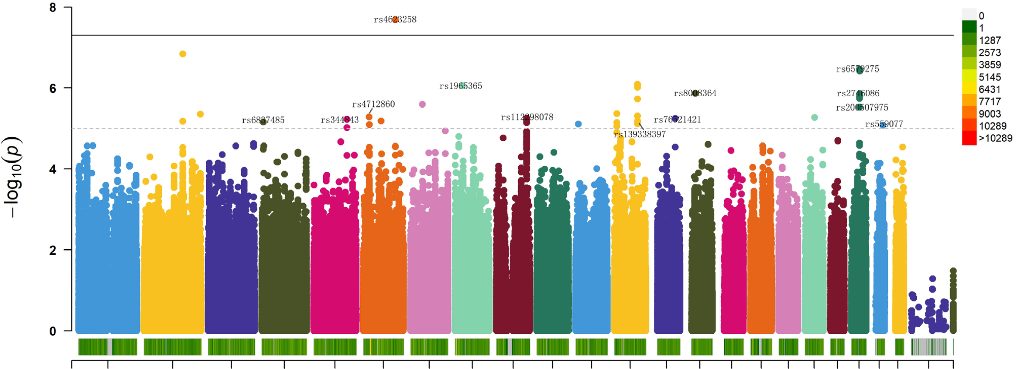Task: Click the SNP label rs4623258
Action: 395,19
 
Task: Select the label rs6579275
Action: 857,69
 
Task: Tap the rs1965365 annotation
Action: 460,86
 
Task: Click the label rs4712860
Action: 373,104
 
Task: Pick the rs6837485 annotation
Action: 263,120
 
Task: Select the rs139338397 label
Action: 639,134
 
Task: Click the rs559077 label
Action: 884,124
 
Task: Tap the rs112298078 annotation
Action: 527,117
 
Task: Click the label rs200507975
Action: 862,107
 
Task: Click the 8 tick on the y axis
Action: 53,8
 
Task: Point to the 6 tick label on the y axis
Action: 53,88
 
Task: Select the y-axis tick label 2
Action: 53,250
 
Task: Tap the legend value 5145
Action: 990,77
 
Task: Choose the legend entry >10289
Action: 995,138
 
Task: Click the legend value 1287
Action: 990,40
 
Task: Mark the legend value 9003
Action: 990,114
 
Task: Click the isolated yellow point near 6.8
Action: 183,54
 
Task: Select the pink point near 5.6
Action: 422,105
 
